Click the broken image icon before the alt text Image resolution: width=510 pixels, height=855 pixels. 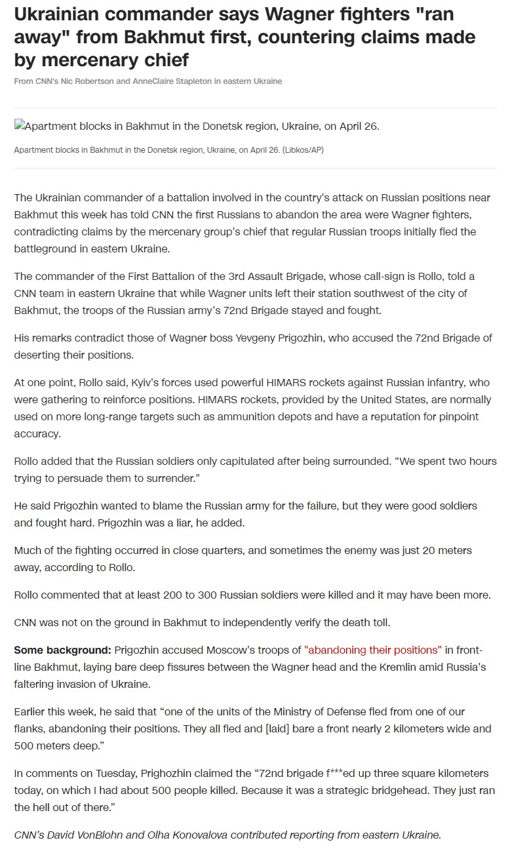19,125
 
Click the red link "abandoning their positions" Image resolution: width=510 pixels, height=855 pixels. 373,650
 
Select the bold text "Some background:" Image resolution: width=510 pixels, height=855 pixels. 63,650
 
